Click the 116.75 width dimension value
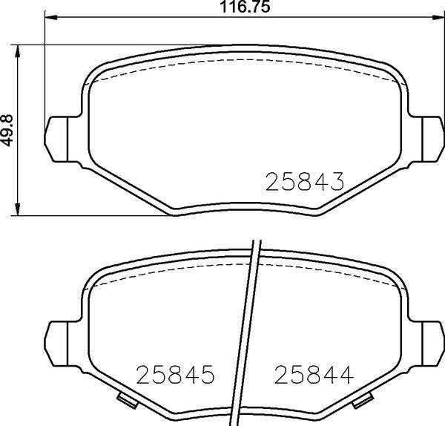pos(245,7)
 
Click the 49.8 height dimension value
pos(7,131)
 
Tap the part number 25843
pos(305,181)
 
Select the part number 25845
pos(175,374)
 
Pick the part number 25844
pos(314,374)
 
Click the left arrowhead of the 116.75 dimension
pos(51,17)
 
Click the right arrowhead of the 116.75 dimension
pos(438,17)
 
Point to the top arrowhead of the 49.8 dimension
pos(18,51)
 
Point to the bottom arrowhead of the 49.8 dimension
pos(18,209)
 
